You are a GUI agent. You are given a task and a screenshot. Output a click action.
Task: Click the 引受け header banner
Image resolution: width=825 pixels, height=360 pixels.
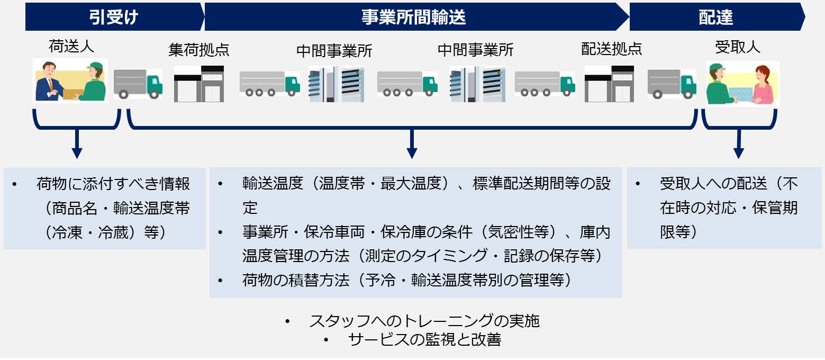coord(114,16)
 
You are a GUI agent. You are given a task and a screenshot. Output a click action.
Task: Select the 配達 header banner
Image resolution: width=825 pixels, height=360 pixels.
coord(717,16)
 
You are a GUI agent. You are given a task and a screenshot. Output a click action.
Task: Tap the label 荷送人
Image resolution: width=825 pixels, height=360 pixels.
coord(71,47)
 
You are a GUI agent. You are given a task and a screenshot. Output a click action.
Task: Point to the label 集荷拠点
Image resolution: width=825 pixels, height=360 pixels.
coord(199,50)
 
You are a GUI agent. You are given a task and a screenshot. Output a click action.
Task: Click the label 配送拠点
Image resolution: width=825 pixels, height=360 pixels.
coord(612,49)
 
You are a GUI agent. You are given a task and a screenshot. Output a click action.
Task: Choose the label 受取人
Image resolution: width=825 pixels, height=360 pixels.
coord(738,47)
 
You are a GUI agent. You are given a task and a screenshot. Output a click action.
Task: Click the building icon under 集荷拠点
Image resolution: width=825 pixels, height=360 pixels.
coord(199,84)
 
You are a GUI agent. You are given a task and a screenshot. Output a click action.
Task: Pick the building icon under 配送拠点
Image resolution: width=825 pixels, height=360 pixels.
coord(609,84)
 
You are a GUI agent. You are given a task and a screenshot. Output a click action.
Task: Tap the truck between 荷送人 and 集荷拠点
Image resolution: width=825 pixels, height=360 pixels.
coord(138,84)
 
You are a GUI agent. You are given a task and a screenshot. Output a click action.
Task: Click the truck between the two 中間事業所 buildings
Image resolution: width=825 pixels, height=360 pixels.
coord(407,84)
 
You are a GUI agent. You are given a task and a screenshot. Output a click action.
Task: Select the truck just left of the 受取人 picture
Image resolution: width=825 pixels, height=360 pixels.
coord(672,84)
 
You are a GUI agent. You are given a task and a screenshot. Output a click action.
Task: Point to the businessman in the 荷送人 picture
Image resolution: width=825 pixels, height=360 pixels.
coord(47,82)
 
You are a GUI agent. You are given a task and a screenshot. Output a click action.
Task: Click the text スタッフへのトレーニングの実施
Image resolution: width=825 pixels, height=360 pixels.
coord(424,321)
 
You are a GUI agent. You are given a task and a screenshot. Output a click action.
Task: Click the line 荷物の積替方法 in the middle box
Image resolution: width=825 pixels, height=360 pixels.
coord(407,281)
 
